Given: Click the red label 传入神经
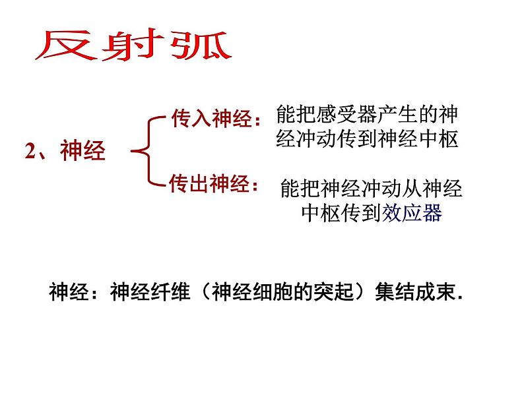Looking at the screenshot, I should point(212,119).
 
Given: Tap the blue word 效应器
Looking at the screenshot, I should point(412,213).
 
